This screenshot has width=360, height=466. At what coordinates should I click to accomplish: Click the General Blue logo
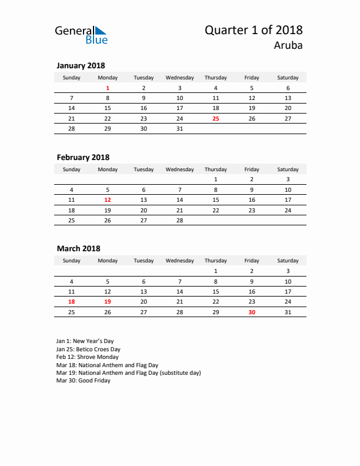click(x=81, y=35)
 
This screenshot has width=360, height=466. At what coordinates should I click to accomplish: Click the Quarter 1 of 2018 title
click(x=254, y=30)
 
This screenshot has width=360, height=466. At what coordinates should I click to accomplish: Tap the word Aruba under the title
click(x=288, y=45)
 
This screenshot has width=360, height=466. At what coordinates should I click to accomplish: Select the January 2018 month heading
click(x=81, y=66)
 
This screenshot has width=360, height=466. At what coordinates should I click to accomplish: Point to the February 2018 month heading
click(x=83, y=157)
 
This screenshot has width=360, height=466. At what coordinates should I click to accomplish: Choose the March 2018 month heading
click(x=78, y=248)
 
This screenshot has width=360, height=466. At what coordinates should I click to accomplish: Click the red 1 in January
click(x=108, y=88)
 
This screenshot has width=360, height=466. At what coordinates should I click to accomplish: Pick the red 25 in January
click(x=216, y=118)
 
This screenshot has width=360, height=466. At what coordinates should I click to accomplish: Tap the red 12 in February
click(x=108, y=199)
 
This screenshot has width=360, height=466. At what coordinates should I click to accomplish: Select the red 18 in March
click(x=72, y=301)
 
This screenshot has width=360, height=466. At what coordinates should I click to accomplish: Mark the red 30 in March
click(x=252, y=312)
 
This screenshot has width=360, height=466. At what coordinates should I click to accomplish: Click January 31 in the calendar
click(x=180, y=128)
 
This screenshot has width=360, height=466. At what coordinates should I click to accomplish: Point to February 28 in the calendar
click(x=180, y=220)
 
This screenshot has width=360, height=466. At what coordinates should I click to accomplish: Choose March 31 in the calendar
click(x=288, y=312)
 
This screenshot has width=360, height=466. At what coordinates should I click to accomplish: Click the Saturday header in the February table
click(x=288, y=169)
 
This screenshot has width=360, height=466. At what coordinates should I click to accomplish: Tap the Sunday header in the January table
click(x=72, y=78)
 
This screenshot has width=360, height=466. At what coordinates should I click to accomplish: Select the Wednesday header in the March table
click(x=180, y=261)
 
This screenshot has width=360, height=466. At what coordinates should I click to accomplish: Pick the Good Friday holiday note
click(x=83, y=381)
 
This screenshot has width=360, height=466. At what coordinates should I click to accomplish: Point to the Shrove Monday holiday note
click(x=87, y=357)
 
